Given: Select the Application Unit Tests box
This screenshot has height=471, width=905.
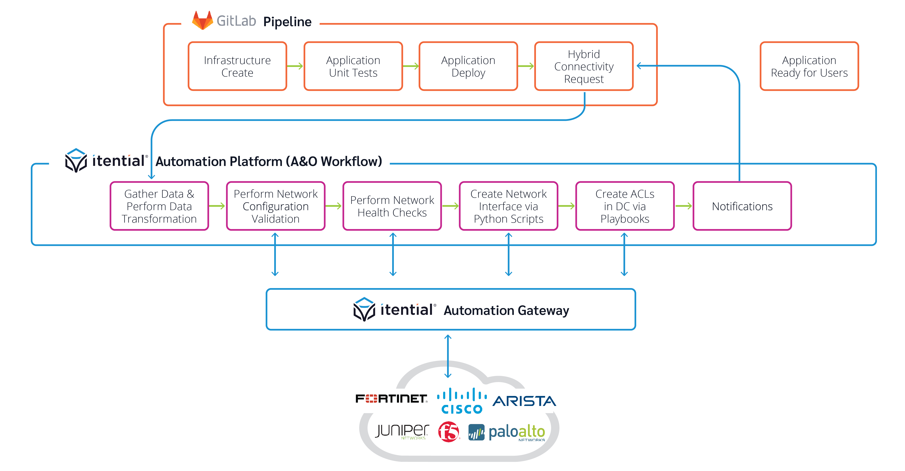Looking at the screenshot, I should point(353,66).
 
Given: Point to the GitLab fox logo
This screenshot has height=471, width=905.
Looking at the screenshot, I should point(202,20).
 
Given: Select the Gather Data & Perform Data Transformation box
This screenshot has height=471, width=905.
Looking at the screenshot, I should point(159,206).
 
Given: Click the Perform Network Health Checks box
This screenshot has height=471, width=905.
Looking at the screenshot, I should point(392,206).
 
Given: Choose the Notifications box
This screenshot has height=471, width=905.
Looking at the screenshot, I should point(742,206).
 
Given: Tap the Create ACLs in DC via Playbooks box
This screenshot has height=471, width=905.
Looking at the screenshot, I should point(625,206).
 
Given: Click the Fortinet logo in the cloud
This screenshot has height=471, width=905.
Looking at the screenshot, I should point(391,399).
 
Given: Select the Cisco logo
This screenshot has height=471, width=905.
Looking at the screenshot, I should point(462,401).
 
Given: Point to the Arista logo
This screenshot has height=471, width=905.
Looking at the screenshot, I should point(524,401).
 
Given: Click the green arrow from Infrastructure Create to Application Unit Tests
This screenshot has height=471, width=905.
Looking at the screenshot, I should point(295,66).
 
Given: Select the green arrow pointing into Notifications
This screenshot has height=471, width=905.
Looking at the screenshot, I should point(684,206).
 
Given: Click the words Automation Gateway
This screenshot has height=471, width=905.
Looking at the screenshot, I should point(506,311).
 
